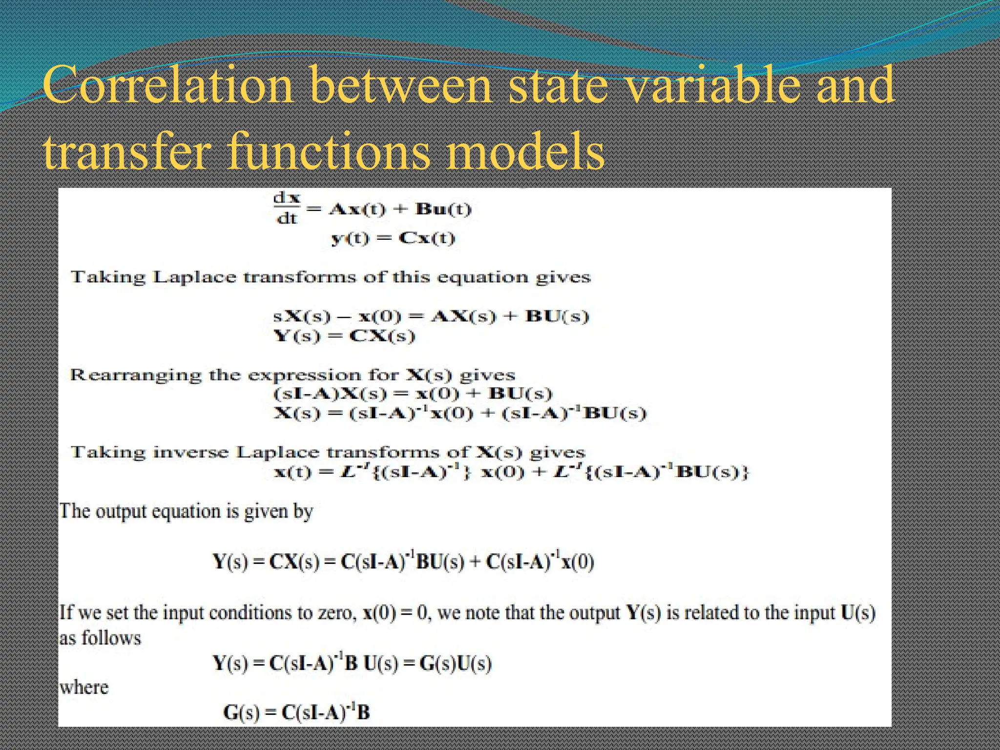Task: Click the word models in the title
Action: click(525, 152)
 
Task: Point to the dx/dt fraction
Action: click(287, 209)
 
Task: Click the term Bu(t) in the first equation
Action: click(443, 209)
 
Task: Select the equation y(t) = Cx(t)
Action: click(393, 239)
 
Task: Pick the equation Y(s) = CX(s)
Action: click(344, 336)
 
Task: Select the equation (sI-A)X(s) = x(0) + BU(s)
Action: click(413, 394)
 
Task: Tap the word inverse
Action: click(190, 452)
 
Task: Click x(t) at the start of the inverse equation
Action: click(292, 472)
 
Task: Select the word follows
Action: click(111, 638)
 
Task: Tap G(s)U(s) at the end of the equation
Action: click(455, 664)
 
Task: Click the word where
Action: click(84, 687)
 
